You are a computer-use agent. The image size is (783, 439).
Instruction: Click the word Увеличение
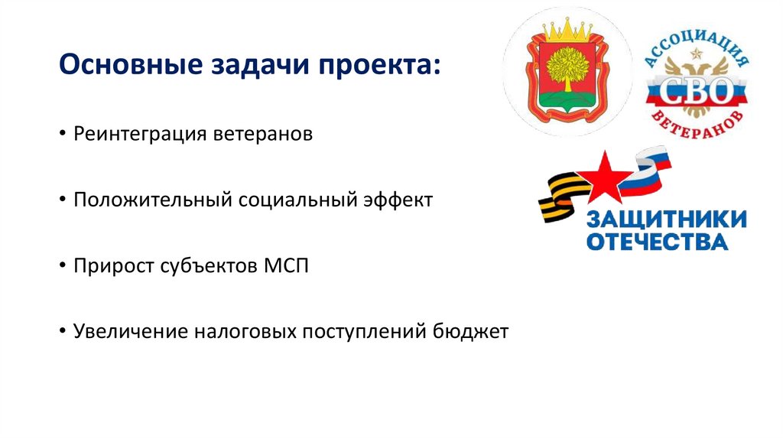coord(129,332)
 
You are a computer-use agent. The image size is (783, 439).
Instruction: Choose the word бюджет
coord(469,332)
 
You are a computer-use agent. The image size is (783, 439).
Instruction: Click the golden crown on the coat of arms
coord(567,33)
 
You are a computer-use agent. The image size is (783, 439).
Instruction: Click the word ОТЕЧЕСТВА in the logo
coord(657,242)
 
